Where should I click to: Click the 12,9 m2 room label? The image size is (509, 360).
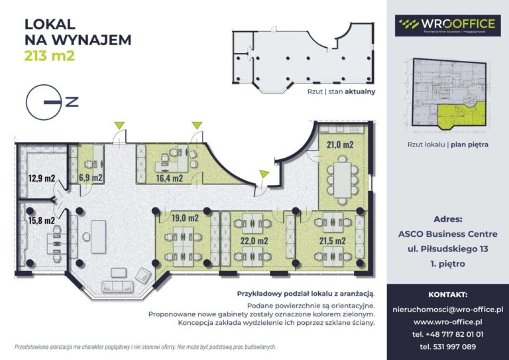pyautogui.click(x=42, y=178)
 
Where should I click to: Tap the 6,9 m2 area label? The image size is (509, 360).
pyautogui.click(x=91, y=178)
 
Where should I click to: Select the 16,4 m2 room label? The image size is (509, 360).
pyautogui.click(x=170, y=178)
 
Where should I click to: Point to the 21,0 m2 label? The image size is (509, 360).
pyautogui.click(x=340, y=145)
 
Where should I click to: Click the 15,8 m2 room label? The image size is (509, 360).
pyautogui.click(x=42, y=220)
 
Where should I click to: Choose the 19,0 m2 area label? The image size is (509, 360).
pyautogui.click(x=185, y=218)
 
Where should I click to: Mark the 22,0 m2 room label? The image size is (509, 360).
pyautogui.click(x=254, y=241)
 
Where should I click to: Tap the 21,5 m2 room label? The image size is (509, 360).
pyautogui.click(x=333, y=241)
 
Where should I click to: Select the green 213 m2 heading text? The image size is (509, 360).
pyautogui.click(x=50, y=56)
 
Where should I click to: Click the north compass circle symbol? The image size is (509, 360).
pyautogui.click(x=44, y=102)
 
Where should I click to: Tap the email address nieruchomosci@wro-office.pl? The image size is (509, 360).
pyautogui.click(x=447, y=310)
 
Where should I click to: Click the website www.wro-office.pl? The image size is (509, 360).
pyautogui.click(x=447, y=322)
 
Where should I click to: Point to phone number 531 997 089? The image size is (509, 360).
pyautogui.click(x=447, y=347)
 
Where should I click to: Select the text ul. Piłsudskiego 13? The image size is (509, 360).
pyautogui.click(x=447, y=249)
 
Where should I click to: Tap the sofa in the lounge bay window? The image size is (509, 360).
pyautogui.click(x=117, y=286)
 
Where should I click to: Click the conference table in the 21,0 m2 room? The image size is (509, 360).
pyautogui.click(x=342, y=180)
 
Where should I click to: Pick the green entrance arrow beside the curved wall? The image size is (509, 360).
pyautogui.click(x=264, y=174)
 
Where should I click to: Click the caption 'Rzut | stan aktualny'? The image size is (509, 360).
pyautogui.click(x=341, y=91)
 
